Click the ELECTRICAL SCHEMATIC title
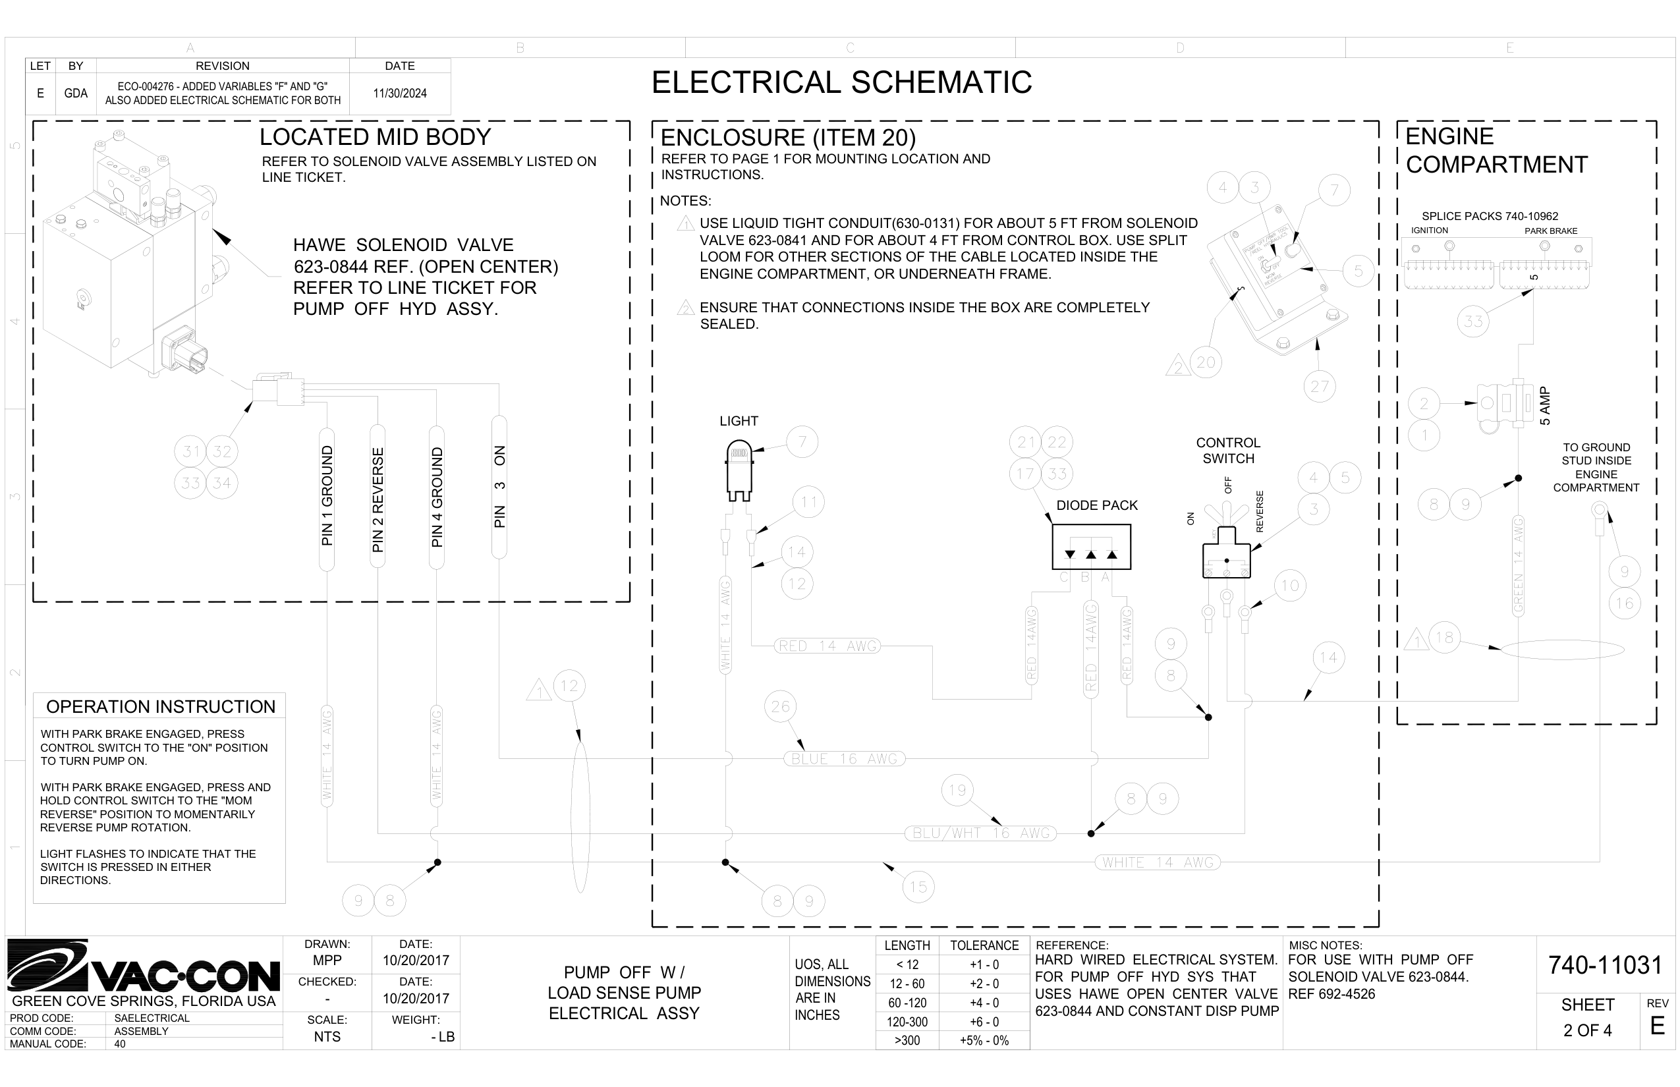point(841,82)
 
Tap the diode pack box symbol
point(1090,547)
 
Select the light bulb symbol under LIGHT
point(739,467)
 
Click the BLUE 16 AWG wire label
point(843,759)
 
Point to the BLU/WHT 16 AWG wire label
point(981,833)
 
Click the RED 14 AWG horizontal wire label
point(827,646)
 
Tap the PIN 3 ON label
point(500,487)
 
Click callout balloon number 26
point(780,706)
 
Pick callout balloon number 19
point(957,791)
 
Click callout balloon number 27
point(1319,387)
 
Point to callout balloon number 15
point(918,887)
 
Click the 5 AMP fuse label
point(1545,406)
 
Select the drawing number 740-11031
point(1605,965)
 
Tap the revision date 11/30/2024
point(399,93)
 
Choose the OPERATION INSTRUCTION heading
point(160,706)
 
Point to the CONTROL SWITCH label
point(1227,451)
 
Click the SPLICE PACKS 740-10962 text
point(1490,216)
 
